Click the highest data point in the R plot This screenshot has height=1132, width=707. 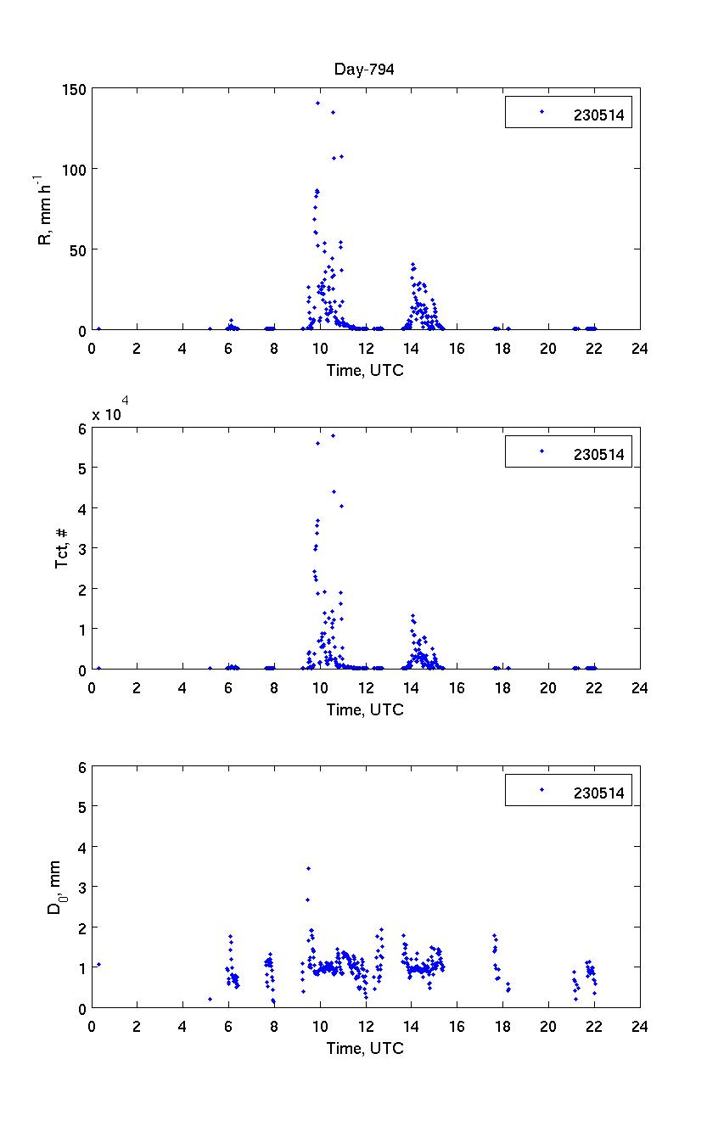[317, 104]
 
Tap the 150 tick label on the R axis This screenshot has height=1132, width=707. [74, 89]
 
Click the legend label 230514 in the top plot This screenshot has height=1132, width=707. [598, 117]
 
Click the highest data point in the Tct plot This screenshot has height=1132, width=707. [333, 435]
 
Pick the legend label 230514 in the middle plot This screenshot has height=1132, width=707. [598, 455]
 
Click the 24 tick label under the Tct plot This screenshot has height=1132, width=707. [639, 687]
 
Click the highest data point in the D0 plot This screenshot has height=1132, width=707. [308, 868]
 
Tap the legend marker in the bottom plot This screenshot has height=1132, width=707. [541, 790]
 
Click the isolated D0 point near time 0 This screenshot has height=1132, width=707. [98, 964]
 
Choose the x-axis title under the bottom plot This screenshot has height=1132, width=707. [365, 1048]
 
